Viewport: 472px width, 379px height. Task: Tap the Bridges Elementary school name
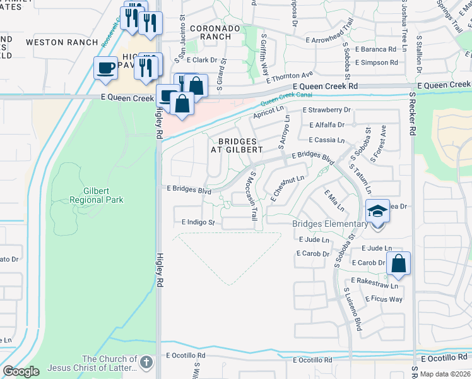(329, 224)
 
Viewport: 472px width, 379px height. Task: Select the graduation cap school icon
(377, 211)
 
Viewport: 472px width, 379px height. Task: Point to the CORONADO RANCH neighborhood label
(215, 33)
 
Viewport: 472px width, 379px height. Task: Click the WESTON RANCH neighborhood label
(62, 42)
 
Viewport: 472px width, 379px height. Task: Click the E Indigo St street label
(198, 222)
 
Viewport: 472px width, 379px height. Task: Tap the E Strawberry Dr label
(326, 110)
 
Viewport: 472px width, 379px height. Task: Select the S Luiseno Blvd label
(352, 310)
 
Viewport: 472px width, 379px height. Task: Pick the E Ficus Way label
(384, 299)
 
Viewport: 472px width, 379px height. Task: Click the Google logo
(21, 371)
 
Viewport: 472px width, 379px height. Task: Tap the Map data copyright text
(445, 374)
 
